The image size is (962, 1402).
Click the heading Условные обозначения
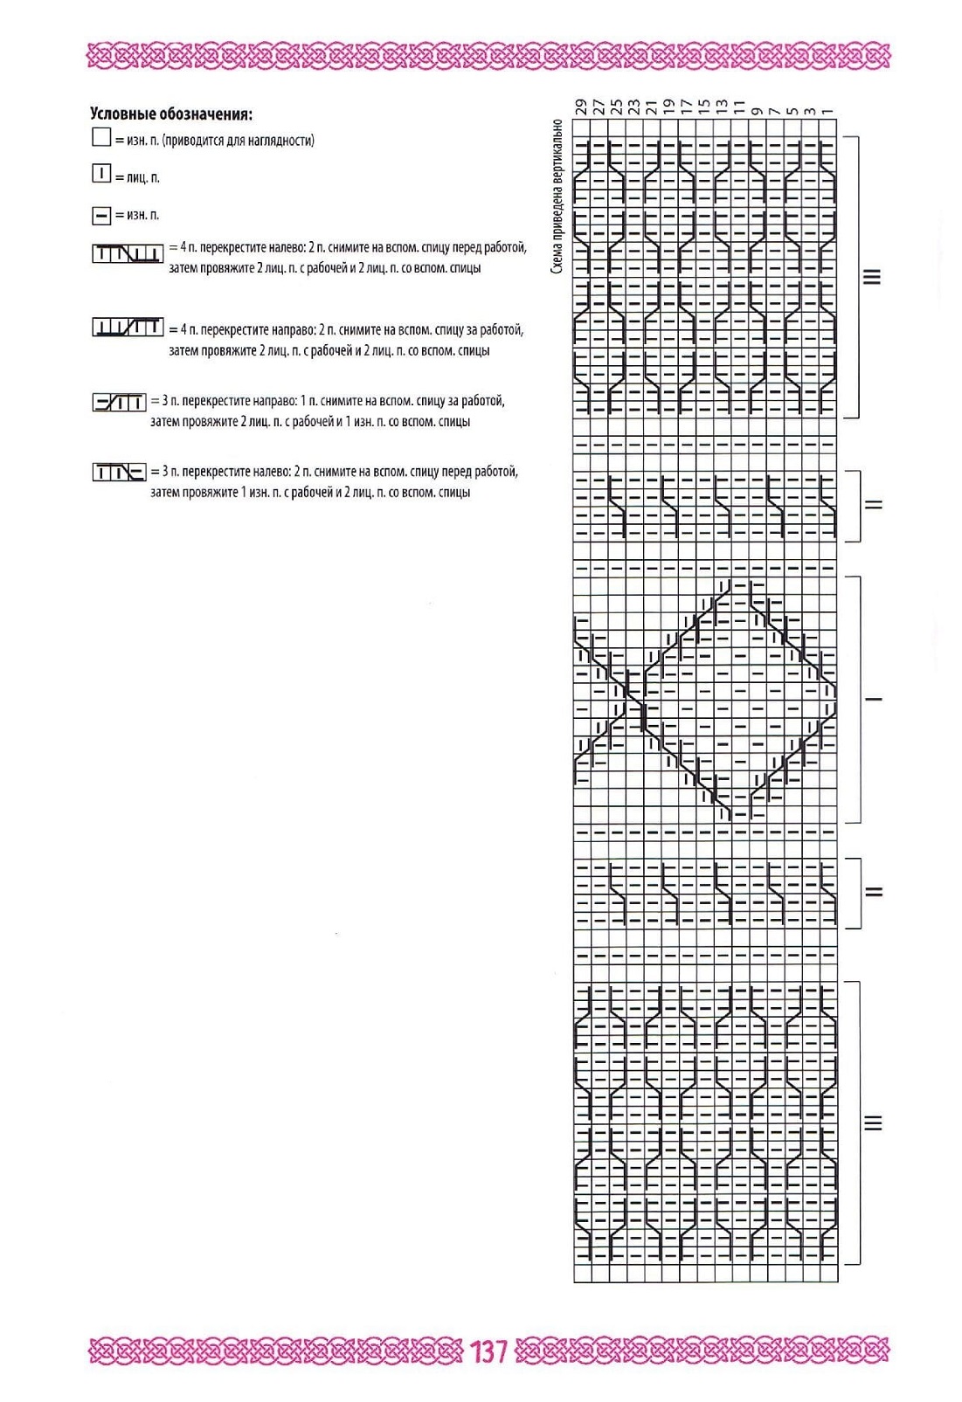171,114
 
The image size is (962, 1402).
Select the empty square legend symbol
100,137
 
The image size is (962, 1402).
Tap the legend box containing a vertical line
101,174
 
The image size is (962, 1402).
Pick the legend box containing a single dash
101,214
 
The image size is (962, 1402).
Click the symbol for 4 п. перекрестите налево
128,254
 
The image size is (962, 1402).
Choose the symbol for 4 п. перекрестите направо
128,328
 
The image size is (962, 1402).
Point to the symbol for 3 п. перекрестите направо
119,402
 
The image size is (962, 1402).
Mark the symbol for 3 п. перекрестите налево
119,473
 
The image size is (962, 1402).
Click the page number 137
488,1351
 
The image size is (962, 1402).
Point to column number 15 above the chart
704,107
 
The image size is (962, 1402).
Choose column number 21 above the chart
652,107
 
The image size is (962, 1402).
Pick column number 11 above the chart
739,107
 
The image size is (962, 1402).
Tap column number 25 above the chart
617,107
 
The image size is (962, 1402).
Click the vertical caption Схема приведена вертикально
557,197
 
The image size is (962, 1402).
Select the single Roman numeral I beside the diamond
873,699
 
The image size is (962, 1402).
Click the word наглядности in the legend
281,140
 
